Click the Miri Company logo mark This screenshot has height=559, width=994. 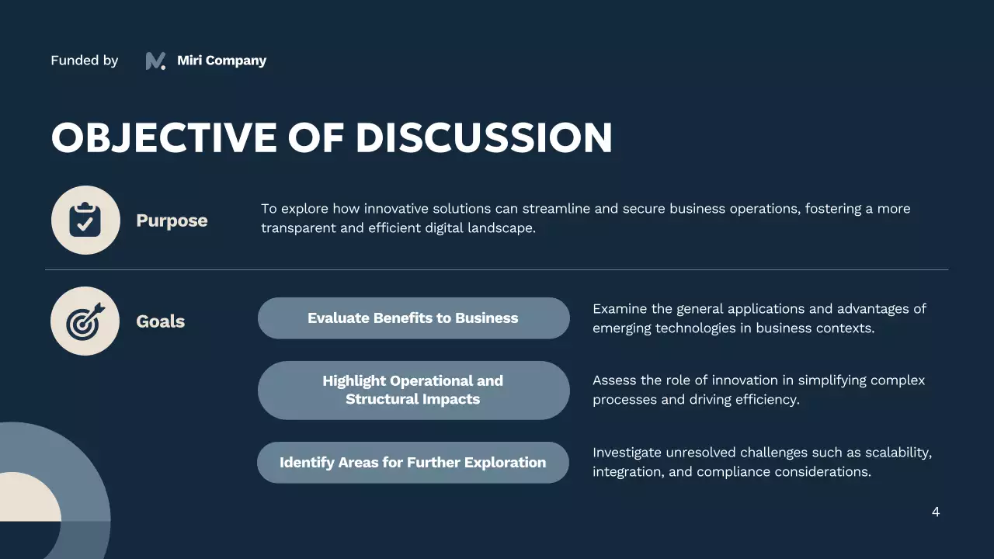click(155, 61)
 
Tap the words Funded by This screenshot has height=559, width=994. click(84, 61)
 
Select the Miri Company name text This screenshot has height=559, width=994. click(221, 61)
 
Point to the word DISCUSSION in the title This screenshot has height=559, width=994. click(484, 137)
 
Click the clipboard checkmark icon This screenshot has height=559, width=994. click(85, 220)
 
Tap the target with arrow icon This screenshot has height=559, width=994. click(85, 321)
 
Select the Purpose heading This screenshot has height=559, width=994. click(172, 220)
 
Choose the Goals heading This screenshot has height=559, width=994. click(160, 321)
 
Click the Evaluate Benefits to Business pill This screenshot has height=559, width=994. click(413, 318)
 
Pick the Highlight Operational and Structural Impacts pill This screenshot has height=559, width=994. click(413, 390)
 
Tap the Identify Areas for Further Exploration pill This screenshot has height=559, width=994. click(413, 463)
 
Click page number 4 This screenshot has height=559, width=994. click(936, 512)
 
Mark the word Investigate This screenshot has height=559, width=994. click(627, 453)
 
